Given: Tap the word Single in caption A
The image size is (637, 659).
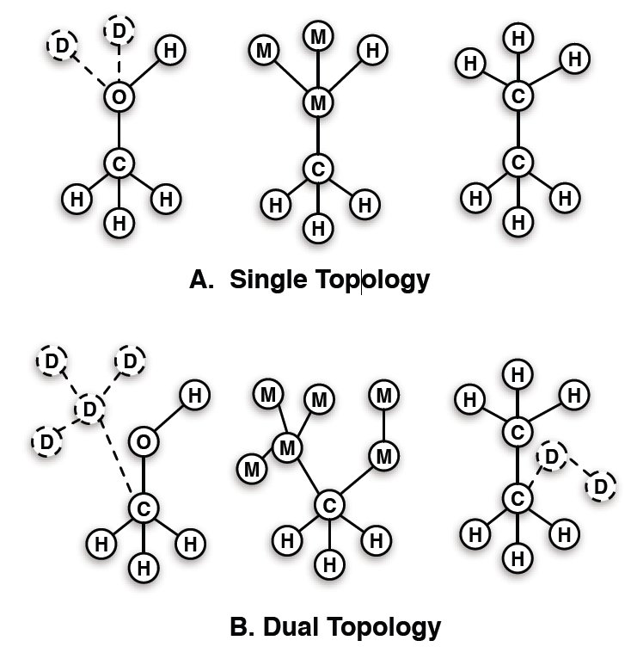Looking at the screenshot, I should coord(265,280).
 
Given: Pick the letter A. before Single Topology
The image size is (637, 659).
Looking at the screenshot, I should coord(203,280).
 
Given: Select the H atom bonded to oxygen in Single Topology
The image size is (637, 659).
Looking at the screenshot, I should coord(170,51).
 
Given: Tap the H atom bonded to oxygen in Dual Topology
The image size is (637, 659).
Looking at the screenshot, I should coord(195,395).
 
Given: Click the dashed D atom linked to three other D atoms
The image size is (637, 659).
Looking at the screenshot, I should coord(89,410).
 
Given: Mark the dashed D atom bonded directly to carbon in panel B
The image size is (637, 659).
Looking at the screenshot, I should coord(551,455).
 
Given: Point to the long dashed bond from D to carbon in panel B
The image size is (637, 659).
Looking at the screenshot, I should coord(117,459).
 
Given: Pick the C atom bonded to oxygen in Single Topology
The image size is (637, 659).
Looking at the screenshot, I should coord(119,161).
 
